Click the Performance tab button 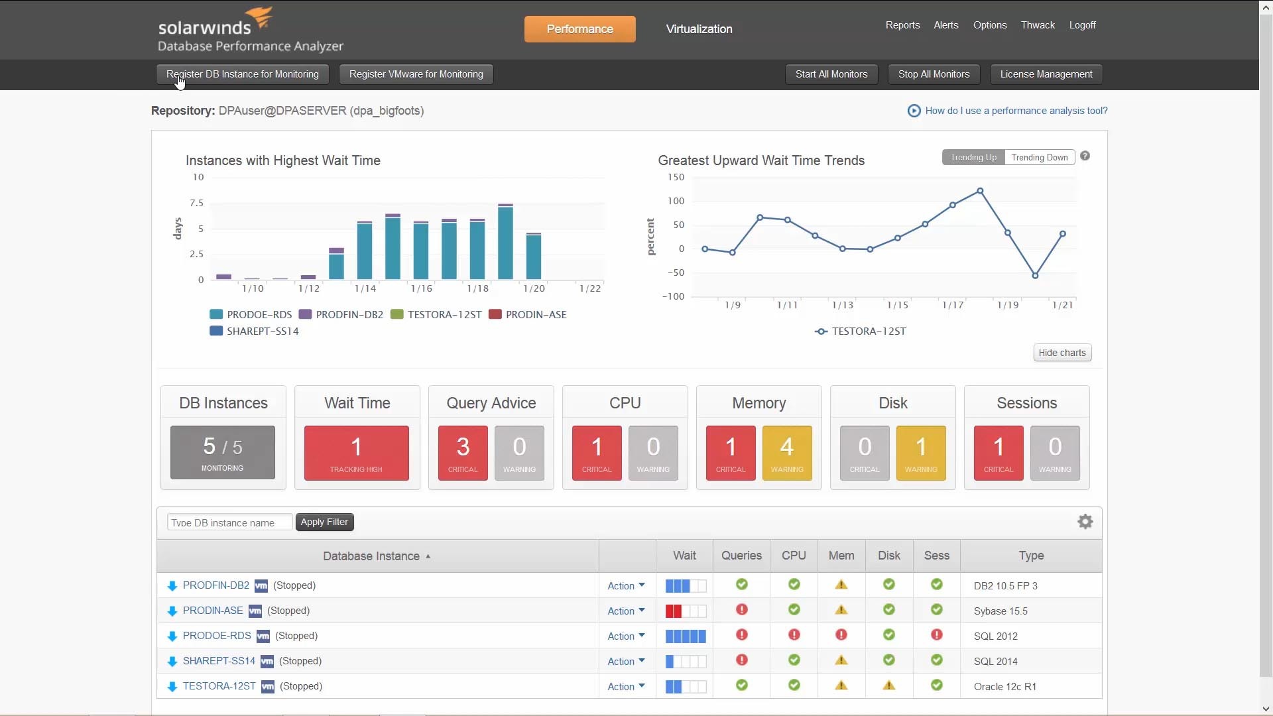tap(579, 29)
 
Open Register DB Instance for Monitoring tap(243, 74)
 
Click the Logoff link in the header tap(1082, 25)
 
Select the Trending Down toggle tap(1039, 157)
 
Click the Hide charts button tap(1061, 353)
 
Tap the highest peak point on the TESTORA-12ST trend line tap(980, 191)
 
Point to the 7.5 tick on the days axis tap(197, 203)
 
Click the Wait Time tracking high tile tap(356, 453)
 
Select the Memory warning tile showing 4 tap(787, 453)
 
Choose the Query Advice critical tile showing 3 tap(463, 453)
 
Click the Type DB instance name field tap(229, 522)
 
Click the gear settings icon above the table tap(1085, 522)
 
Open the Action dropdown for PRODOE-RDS tap(626, 636)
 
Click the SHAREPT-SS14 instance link tap(219, 661)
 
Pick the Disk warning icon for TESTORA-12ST tap(888, 686)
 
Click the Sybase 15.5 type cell tap(1000, 611)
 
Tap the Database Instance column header tap(371, 556)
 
